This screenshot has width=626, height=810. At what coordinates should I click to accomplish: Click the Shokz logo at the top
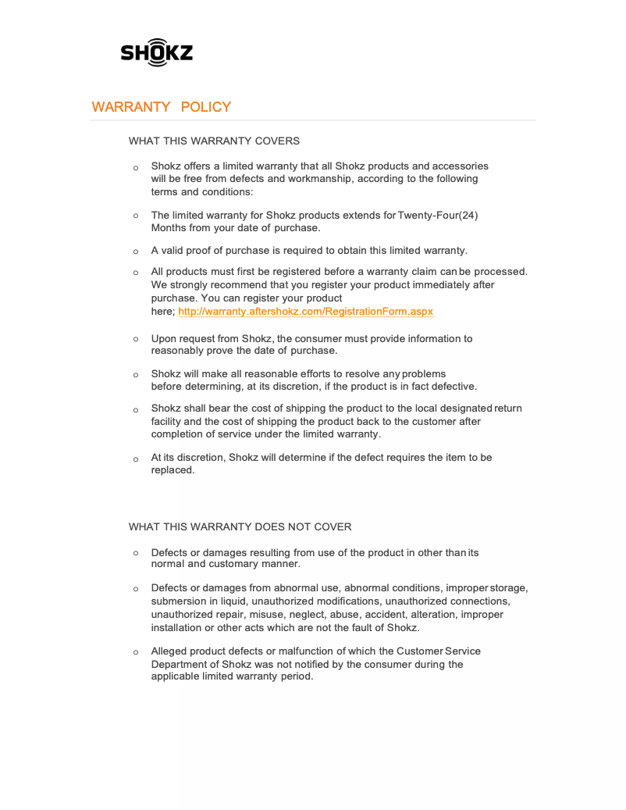[156, 52]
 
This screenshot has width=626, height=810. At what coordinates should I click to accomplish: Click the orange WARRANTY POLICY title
[162, 107]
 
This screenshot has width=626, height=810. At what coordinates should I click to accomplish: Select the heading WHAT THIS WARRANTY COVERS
[214, 141]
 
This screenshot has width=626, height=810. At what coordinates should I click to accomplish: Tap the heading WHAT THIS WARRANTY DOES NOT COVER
[240, 526]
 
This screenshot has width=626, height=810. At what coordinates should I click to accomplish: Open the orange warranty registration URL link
[305, 311]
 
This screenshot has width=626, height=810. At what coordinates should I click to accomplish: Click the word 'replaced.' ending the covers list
[173, 470]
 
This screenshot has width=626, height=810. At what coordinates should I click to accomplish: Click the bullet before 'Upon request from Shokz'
[135, 339]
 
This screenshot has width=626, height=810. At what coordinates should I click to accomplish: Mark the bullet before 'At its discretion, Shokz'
[135, 459]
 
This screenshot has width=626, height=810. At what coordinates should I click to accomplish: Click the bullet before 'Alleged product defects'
[135, 651]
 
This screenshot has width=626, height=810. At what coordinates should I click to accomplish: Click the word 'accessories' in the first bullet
[461, 166]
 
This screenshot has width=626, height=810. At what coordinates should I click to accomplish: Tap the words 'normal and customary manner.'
[226, 564]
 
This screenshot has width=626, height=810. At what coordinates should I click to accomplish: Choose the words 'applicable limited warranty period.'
[232, 676]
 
